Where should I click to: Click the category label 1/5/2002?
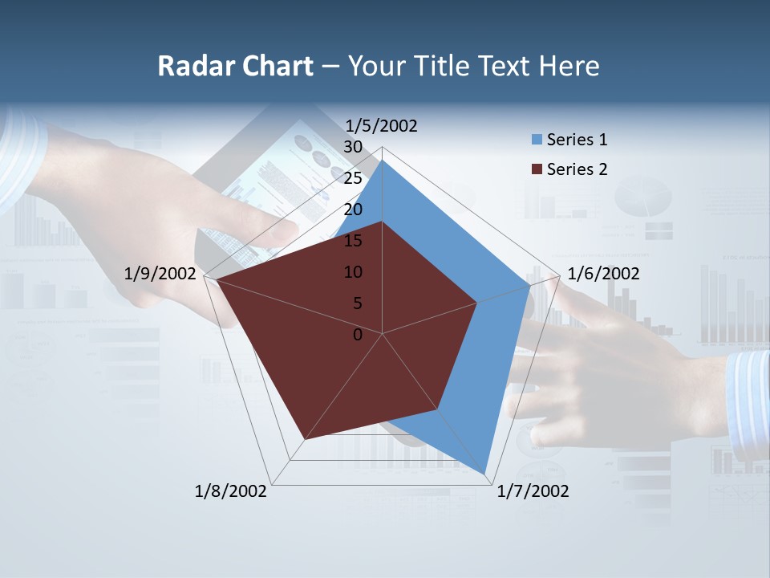pos(382,125)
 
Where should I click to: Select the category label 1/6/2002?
pos(603,274)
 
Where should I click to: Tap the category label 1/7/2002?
pos(533,491)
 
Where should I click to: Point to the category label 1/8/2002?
pos(231,491)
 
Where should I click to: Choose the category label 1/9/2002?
pos(160,274)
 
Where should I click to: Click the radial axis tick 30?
pos(352,146)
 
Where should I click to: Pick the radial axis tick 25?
pos(352,178)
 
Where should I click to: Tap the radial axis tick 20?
pos(352,210)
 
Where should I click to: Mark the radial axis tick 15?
pos(352,241)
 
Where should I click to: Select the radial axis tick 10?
pos(352,272)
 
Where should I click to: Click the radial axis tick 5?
pos(357,303)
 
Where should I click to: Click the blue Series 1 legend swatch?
pos(537,140)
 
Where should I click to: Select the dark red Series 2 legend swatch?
pos(537,169)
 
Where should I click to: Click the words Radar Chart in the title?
pos(235,66)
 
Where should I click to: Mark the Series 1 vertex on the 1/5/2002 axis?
pos(383,160)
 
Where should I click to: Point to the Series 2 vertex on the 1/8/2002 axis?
pos(304,440)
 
